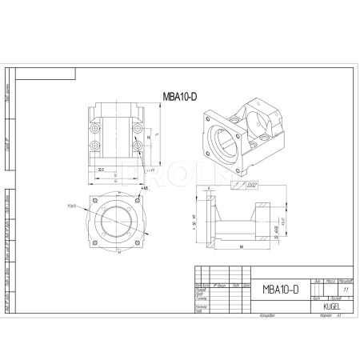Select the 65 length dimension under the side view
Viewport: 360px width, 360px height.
click(241, 247)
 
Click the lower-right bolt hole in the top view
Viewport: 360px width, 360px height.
click(144, 146)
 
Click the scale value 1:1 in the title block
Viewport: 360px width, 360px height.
click(346, 289)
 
